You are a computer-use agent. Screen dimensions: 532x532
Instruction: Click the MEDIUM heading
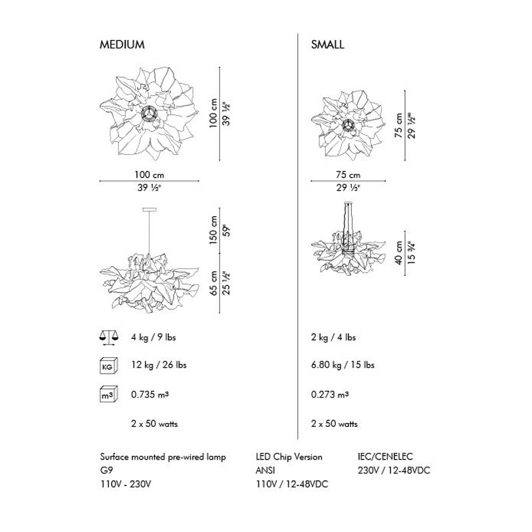tap(122, 45)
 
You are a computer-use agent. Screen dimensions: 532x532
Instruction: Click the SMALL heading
tap(327, 45)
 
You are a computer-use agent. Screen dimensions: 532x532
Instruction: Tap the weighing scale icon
tap(109, 338)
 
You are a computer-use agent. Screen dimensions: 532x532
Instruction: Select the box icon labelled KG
tap(108, 366)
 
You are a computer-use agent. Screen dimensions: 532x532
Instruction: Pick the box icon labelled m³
tap(108, 394)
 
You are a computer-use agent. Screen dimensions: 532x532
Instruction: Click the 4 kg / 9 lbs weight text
tap(154, 337)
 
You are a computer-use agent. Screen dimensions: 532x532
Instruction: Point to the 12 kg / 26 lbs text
tap(159, 365)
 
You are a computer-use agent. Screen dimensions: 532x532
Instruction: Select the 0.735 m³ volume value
tap(150, 394)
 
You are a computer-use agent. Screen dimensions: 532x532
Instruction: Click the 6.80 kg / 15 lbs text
tap(342, 365)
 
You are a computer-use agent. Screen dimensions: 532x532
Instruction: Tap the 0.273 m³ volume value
tap(330, 394)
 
